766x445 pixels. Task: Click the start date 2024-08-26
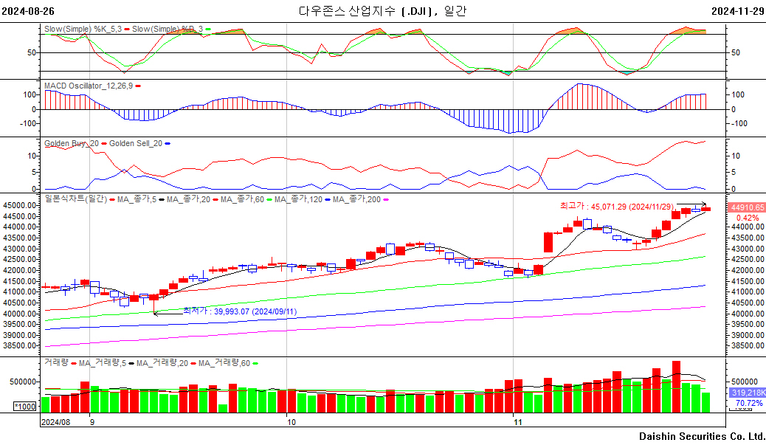point(28,11)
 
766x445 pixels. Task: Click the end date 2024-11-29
point(738,11)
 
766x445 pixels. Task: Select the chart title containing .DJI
point(382,11)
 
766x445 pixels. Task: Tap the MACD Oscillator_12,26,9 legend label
point(89,86)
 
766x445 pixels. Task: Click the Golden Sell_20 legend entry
point(135,143)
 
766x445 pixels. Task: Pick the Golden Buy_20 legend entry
point(72,143)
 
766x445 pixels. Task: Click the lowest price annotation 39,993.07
point(240,311)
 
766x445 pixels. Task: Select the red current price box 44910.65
point(747,207)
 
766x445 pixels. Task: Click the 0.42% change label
point(748,218)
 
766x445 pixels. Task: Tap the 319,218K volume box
point(748,393)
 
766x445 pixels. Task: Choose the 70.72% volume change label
point(749,403)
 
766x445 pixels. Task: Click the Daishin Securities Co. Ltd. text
point(702,436)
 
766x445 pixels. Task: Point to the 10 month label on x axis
point(291,422)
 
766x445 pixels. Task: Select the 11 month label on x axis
point(518,422)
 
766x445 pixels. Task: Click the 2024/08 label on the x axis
point(55,422)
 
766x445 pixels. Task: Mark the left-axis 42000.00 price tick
point(20,270)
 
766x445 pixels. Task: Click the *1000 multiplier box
point(25,407)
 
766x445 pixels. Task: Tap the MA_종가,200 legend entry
point(356,199)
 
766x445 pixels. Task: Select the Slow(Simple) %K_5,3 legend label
point(83,29)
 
